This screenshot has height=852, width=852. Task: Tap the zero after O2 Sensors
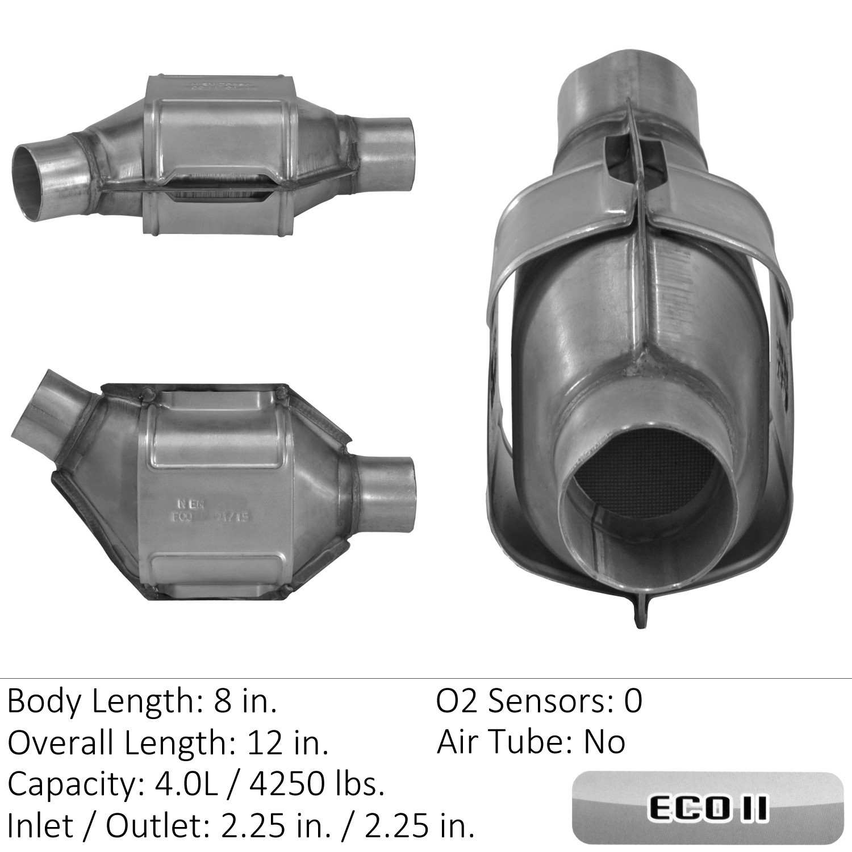point(633,701)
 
